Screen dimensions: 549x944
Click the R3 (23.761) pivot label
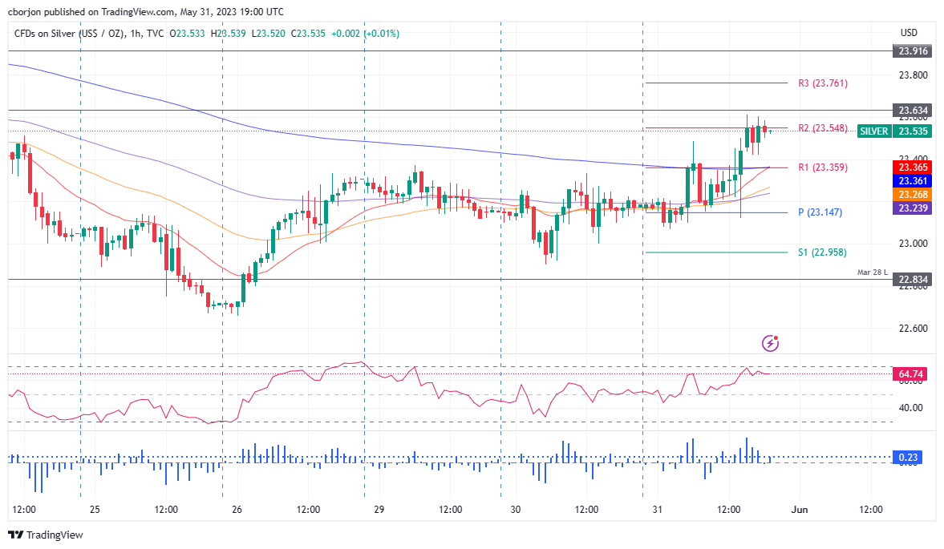[822, 83]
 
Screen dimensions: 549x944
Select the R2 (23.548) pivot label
[822, 128]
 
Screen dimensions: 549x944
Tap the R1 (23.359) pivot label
[822, 168]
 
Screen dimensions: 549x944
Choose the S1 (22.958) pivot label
[822, 252]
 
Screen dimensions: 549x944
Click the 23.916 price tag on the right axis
[914, 50]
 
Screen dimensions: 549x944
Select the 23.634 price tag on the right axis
[914, 111]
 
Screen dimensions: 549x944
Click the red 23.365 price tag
[914, 167]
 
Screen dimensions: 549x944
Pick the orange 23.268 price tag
[914, 195]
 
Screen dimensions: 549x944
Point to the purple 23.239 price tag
[914, 208]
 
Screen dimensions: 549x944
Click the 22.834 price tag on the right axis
[914, 280]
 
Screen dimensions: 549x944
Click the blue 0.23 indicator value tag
[908, 458]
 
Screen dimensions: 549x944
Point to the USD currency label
[909, 33]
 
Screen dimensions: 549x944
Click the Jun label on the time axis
[799, 510]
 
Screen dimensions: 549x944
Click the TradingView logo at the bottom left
[46, 535]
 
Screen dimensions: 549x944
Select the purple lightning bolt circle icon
[771, 344]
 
